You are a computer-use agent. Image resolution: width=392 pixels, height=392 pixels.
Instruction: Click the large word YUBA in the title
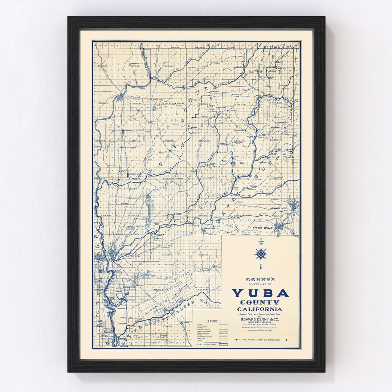[260, 293]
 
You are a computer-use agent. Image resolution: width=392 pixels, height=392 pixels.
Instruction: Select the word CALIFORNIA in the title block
[260, 309]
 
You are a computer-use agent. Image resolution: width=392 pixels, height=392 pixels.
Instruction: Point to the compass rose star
[261, 253]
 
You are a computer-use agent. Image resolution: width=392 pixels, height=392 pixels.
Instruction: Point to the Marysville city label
[126, 255]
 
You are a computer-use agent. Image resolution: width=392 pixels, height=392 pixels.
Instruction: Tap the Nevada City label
[279, 208]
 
